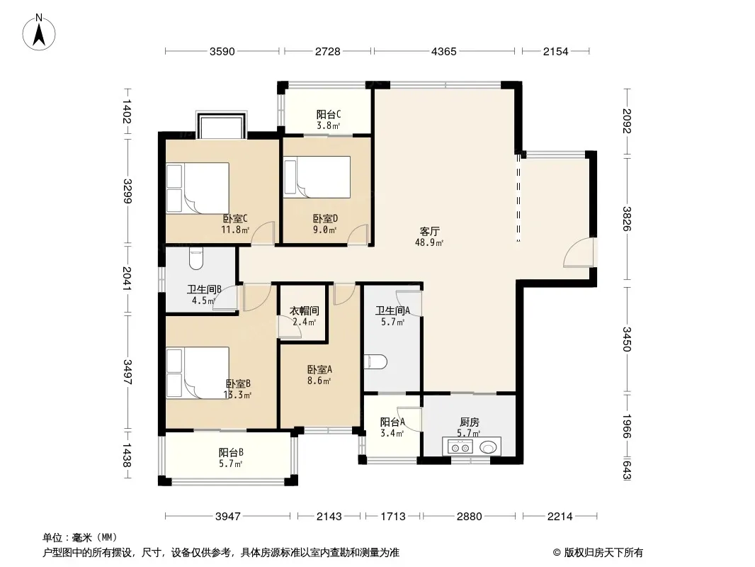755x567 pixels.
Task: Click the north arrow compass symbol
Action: (39, 32)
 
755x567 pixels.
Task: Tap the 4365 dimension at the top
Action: (443, 51)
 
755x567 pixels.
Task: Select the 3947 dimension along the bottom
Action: (228, 517)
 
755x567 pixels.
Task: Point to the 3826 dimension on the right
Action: (626, 219)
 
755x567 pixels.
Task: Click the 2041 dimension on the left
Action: (127, 278)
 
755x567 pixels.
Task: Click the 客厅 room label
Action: (429, 232)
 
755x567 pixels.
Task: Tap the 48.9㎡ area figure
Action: (429, 242)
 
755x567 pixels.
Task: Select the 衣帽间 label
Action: (305, 311)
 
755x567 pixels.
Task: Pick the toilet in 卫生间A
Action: (375, 361)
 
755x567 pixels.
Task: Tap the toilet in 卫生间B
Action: (196, 259)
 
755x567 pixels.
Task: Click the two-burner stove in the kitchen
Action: (460, 447)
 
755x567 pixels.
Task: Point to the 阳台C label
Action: (329, 115)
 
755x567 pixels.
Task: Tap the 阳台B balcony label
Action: (231, 453)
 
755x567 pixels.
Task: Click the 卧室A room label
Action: (319, 369)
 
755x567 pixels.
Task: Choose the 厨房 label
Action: (469, 422)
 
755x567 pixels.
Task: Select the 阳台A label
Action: (392, 422)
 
